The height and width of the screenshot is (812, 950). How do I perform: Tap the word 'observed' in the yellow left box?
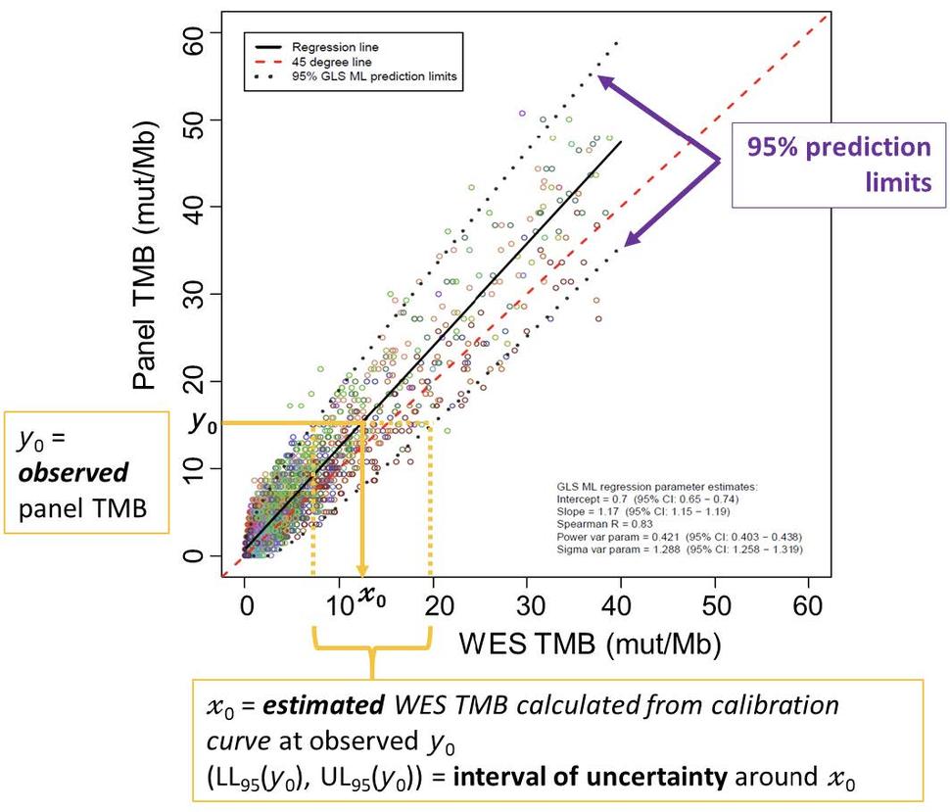(73, 473)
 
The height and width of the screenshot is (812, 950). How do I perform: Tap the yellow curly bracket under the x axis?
(372, 650)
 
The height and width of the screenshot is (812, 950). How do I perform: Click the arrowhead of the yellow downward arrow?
(362, 572)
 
